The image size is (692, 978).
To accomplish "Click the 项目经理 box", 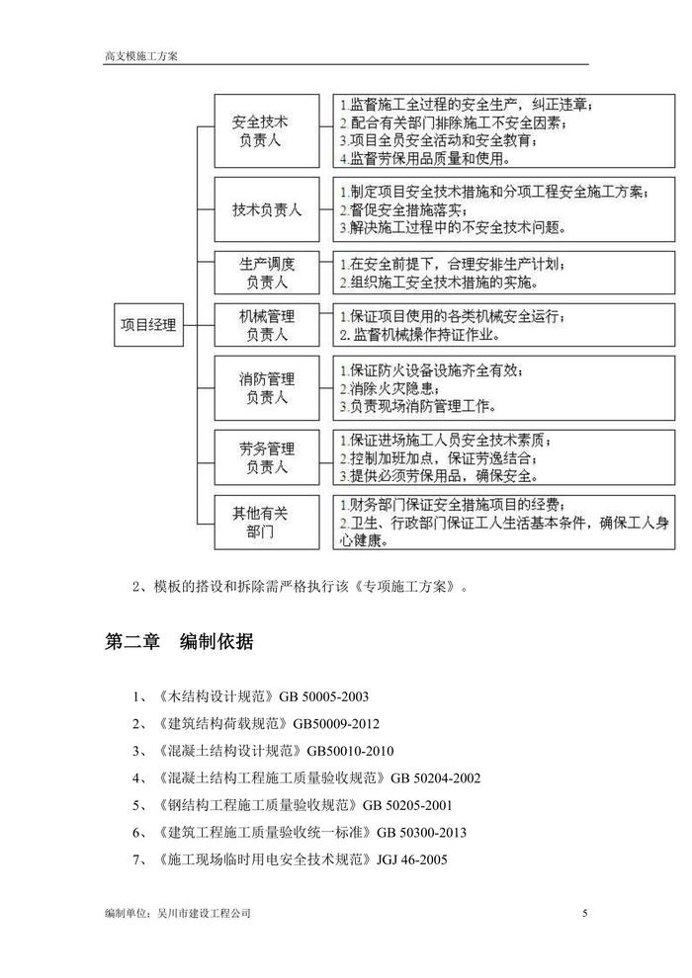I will pyautogui.click(x=149, y=324).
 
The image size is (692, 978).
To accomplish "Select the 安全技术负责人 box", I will pyautogui.click(x=259, y=130).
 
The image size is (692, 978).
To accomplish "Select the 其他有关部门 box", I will pyautogui.click(x=259, y=522).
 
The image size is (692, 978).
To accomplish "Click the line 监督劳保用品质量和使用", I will pyautogui.click(x=426, y=158).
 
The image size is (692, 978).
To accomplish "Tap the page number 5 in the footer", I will pyautogui.click(x=585, y=914).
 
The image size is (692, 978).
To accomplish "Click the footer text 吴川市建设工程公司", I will pyautogui.click(x=204, y=914).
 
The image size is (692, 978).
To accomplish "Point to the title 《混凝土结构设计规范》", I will pyautogui.click(x=229, y=751).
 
